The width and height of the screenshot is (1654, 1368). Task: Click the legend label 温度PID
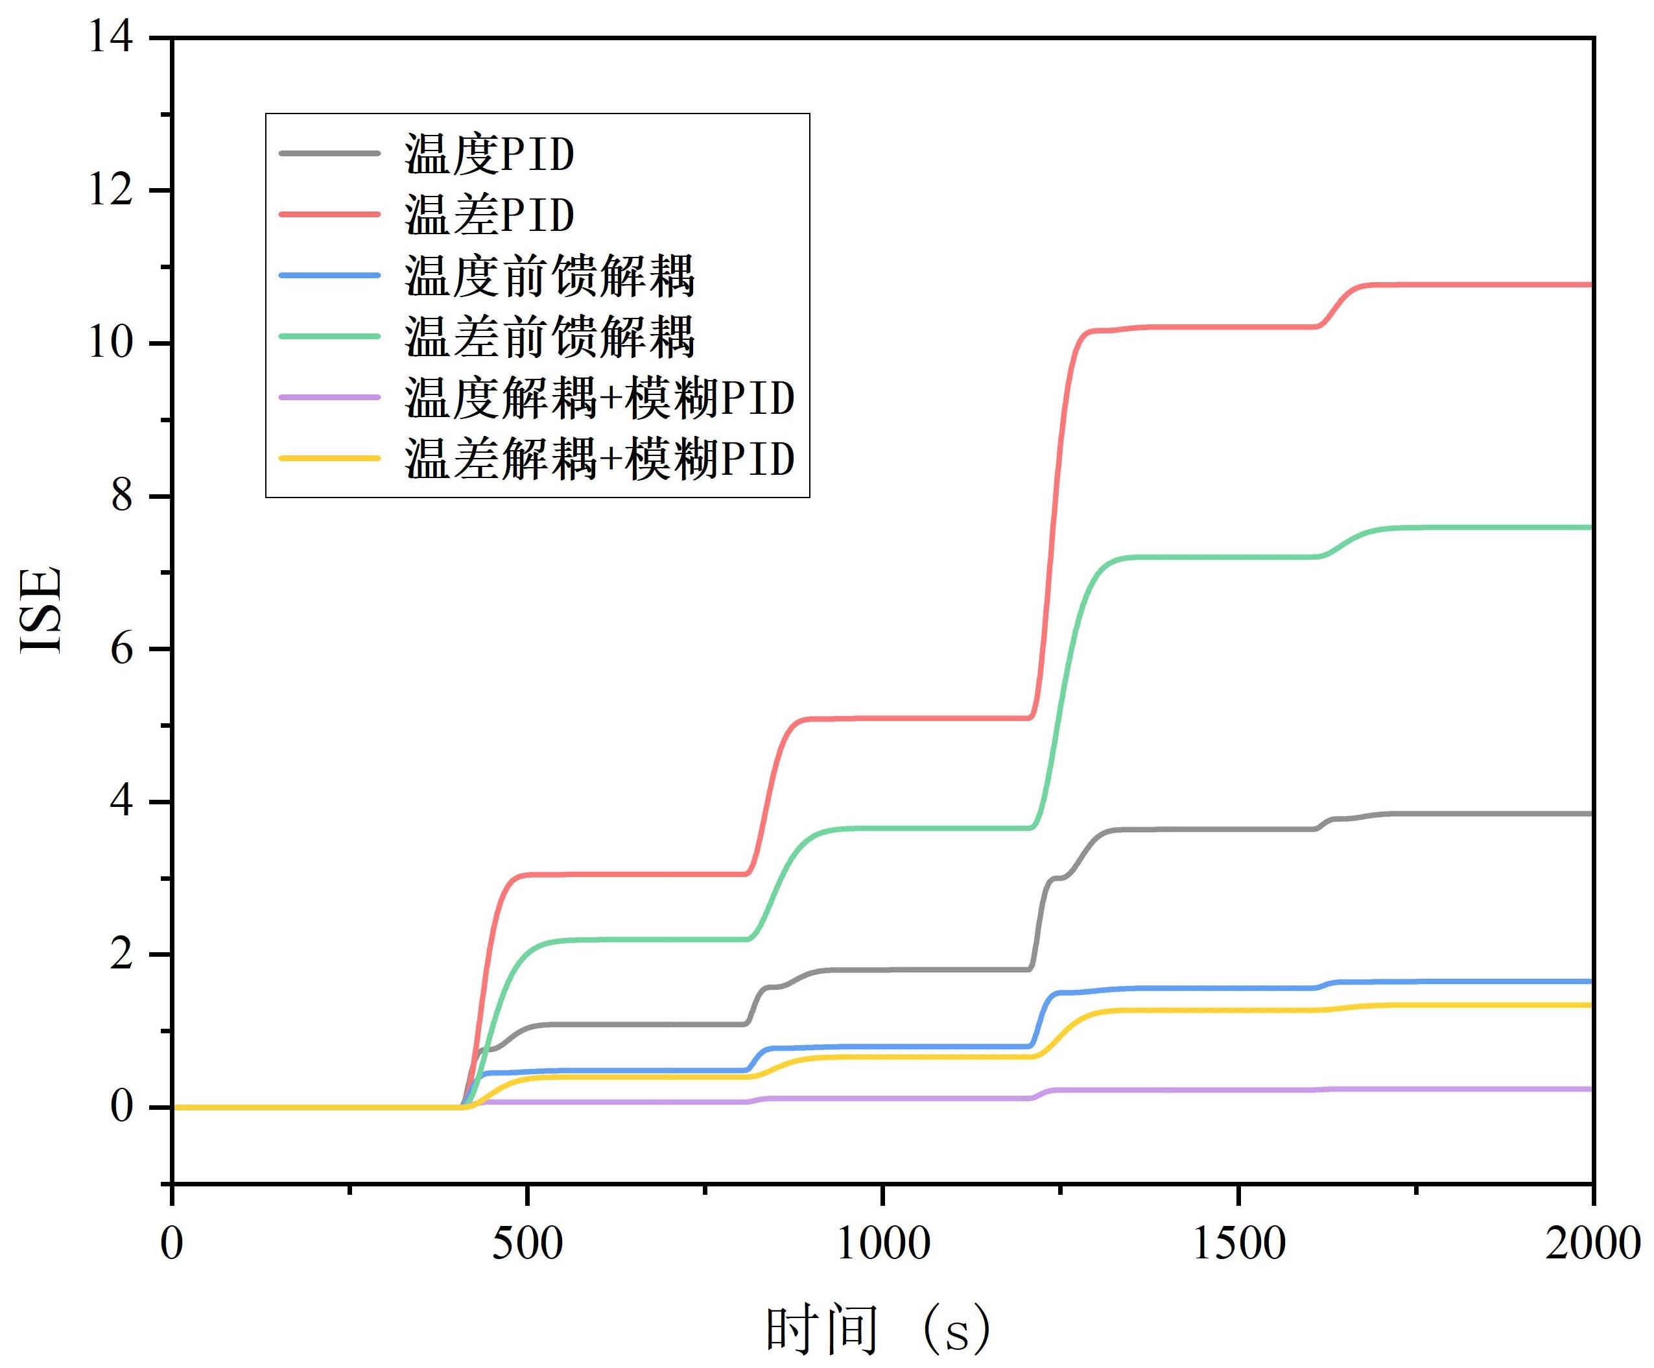(x=489, y=154)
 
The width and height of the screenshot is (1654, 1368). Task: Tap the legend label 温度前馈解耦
(x=550, y=276)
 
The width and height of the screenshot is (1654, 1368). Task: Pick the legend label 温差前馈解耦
(x=550, y=337)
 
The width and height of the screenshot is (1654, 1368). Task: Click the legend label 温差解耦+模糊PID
(x=599, y=459)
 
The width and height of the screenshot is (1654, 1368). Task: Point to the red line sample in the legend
(x=330, y=214)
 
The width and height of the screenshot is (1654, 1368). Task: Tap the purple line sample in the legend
(x=330, y=397)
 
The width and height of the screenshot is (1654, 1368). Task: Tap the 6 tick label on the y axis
(x=121, y=649)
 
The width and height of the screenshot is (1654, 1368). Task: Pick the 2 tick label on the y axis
(x=121, y=954)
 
